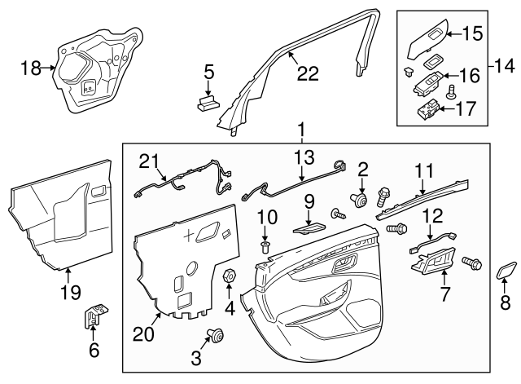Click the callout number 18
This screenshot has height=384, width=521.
coord(29,69)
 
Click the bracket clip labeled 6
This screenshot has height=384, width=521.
coord(94,315)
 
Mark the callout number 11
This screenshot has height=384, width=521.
coord(423,194)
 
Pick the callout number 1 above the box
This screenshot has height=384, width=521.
coord(302,129)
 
